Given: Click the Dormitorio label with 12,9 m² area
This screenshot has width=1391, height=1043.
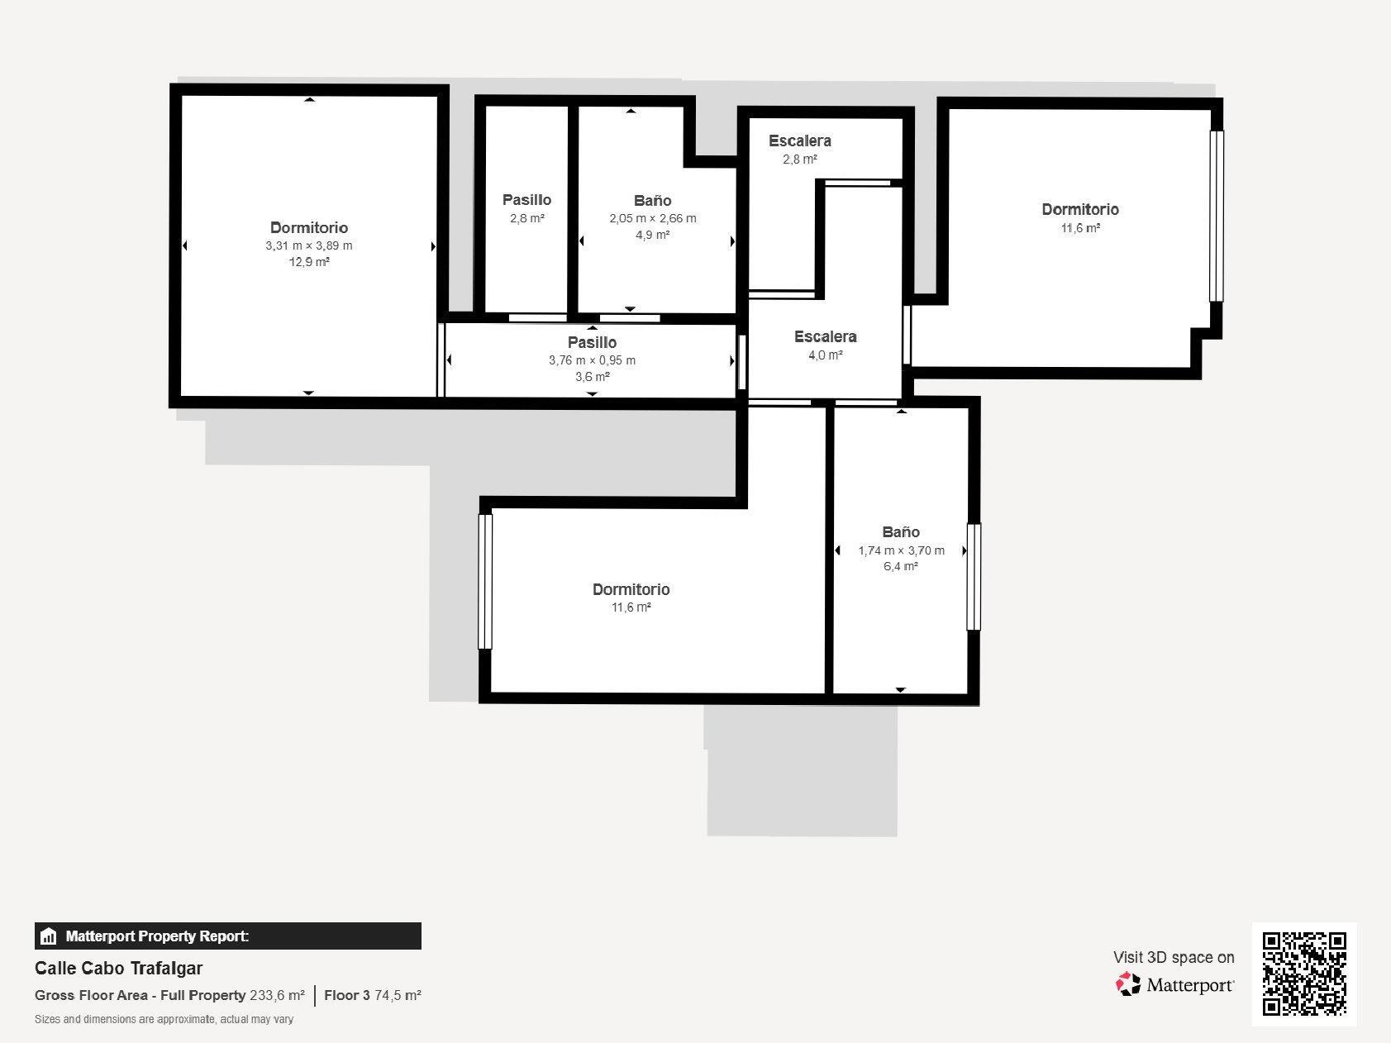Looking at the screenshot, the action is tap(309, 227).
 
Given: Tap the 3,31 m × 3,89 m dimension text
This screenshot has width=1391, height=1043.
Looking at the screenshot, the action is tap(309, 245).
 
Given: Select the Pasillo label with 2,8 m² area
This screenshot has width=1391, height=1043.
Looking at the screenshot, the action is tap(526, 199).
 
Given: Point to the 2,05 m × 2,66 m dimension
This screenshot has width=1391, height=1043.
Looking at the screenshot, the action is tap(653, 218).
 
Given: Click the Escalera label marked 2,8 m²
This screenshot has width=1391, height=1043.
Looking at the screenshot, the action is tap(800, 140).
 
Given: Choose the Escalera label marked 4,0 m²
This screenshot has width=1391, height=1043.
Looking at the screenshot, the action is tap(826, 336).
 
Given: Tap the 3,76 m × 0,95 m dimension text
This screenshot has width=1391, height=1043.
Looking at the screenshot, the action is tap(593, 360).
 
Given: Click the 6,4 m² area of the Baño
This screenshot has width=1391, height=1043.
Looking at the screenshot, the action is tap(901, 566).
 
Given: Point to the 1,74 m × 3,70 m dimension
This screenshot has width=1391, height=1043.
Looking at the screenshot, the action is tap(901, 550).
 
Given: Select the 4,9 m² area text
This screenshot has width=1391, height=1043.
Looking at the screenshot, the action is tap(653, 235).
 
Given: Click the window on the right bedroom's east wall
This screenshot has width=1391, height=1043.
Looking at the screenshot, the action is tap(1216, 216).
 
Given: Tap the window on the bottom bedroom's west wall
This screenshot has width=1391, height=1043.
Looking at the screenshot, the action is tap(485, 581).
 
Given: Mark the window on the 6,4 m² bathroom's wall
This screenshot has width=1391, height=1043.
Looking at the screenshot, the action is tap(974, 577).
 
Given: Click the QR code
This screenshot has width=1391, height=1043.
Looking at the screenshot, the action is tap(1305, 974).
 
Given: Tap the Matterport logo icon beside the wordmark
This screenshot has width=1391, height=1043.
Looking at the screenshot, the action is tap(1128, 984).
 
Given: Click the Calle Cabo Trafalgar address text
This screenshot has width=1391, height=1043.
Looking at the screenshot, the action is tap(118, 968).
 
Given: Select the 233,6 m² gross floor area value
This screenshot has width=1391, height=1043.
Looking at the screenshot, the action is tap(277, 995).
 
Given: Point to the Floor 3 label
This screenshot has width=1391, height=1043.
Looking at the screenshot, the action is tap(347, 995).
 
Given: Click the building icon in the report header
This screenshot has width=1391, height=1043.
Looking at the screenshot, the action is tap(49, 936).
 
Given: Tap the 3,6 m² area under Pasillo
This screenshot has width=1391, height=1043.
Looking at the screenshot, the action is tap(593, 377).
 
